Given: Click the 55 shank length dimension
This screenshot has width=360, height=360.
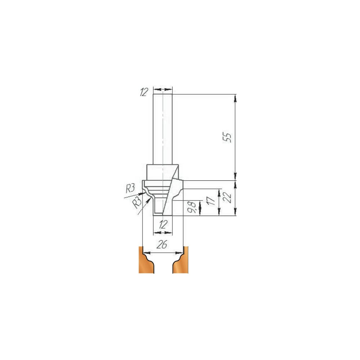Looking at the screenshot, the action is click(228, 138).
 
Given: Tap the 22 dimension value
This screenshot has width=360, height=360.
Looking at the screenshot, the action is click(228, 197).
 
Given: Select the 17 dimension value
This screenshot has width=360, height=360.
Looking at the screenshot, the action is click(212, 200).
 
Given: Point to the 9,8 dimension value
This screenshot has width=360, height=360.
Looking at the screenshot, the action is click(193, 207).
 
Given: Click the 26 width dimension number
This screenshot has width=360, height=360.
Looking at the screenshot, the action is click(162, 245).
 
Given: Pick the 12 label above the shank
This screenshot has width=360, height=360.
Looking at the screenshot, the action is click(144, 92).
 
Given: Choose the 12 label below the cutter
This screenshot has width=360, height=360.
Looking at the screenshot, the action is click(163, 224).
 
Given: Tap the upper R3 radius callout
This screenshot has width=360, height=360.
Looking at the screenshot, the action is click(130, 189).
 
